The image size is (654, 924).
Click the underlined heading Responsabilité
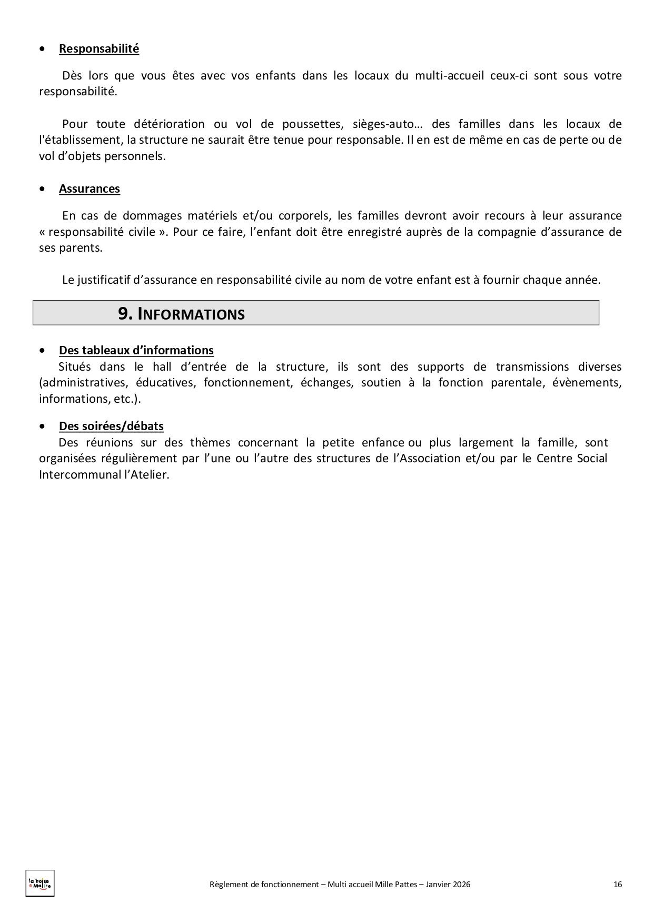coord(99,49)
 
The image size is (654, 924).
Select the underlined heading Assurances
coord(90,189)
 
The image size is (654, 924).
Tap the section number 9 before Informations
coord(124,314)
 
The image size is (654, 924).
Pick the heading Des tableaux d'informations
coord(136,351)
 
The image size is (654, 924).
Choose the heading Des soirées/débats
coord(111,426)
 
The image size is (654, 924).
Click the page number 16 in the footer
coord(618,885)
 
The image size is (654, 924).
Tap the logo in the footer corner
coord(40,883)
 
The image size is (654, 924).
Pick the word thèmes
coord(210,442)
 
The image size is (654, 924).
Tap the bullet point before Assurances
coord(43,189)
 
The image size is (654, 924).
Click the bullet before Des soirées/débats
coord(43,426)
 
